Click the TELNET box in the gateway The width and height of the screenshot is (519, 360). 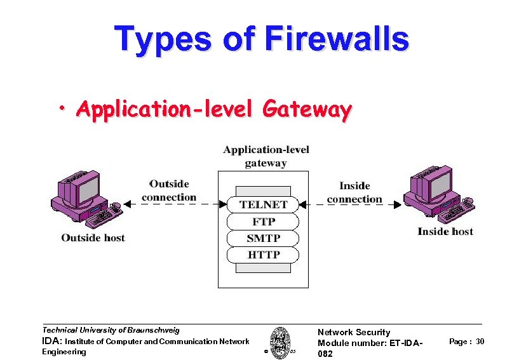click(263, 204)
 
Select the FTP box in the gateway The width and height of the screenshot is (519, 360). click(263, 222)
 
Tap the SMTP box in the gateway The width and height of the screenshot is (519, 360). click(263, 238)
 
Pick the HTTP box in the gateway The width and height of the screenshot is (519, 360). click(263, 255)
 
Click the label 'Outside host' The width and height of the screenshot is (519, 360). click(93, 238)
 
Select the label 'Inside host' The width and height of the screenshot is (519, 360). click(445, 232)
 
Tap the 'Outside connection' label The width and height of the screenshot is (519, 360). click(169, 190)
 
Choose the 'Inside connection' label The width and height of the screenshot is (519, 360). click(354, 192)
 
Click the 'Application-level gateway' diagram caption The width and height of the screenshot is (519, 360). click(266, 156)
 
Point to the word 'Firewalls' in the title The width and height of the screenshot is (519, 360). click(337, 39)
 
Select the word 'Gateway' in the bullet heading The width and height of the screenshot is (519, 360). click(307, 110)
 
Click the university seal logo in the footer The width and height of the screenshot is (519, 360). click(279, 343)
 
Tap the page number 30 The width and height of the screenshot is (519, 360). click(480, 342)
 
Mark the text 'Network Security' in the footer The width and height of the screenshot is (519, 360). click(353, 332)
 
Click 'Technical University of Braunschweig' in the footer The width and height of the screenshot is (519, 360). click(111, 330)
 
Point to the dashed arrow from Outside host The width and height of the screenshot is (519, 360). click(175, 204)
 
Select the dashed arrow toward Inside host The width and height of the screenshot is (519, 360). click(349, 204)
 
